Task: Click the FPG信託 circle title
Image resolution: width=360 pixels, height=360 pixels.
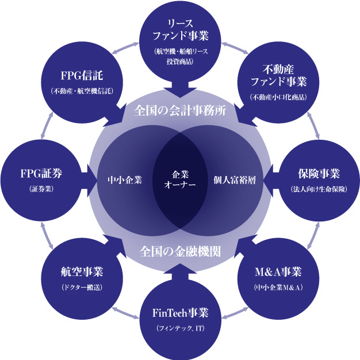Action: (82, 75)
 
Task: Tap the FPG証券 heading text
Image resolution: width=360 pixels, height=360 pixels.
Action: (41, 173)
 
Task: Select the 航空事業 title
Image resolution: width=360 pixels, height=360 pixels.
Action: (82, 271)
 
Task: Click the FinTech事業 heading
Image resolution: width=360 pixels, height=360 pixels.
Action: (180, 313)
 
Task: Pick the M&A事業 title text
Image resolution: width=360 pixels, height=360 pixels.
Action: (278, 271)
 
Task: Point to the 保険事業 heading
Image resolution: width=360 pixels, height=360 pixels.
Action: (319, 173)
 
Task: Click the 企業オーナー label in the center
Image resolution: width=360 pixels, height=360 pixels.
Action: (180, 180)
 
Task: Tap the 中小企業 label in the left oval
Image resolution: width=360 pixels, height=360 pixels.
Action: (125, 180)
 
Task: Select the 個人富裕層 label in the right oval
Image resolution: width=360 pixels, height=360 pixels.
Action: (235, 180)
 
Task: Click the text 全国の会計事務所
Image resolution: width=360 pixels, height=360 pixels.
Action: (180, 110)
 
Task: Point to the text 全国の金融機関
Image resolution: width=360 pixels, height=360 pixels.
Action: (180, 251)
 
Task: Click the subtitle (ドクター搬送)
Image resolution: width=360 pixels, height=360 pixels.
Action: (82, 287)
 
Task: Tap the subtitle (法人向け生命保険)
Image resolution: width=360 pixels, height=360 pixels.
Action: (319, 189)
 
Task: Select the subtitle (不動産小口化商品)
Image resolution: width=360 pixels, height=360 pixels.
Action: (278, 97)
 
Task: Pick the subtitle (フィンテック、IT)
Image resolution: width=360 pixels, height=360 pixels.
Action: (180, 328)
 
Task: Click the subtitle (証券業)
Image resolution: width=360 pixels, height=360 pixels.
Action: (41, 189)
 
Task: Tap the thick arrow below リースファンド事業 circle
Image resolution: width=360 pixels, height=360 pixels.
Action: (180, 89)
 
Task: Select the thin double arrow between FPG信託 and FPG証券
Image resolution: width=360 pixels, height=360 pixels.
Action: (47, 125)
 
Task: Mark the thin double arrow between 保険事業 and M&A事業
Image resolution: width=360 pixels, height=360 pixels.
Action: (313, 235)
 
